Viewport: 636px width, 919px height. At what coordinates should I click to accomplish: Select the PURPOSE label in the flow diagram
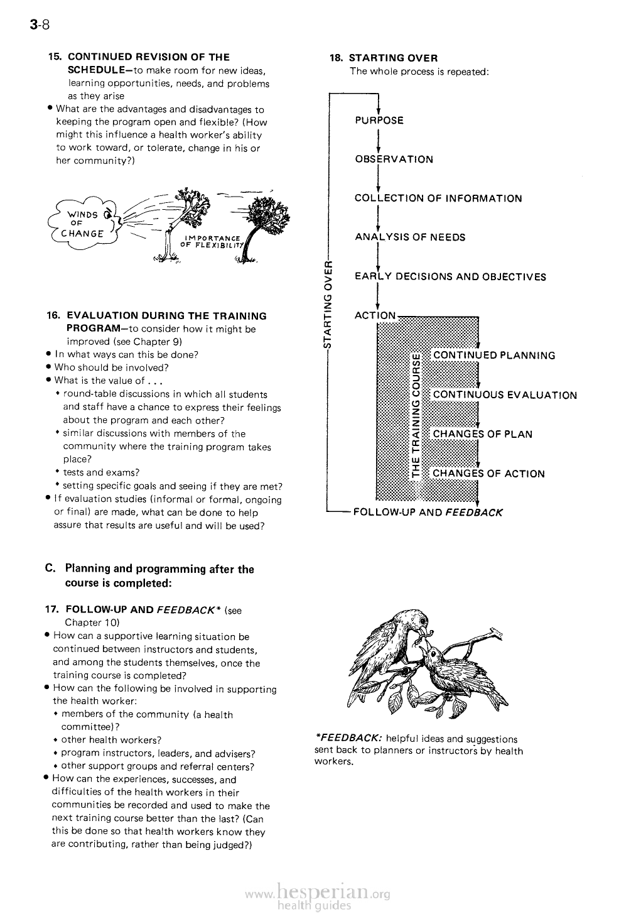click(379, 121)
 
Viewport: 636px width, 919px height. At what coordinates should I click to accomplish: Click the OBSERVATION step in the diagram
click(394, 160)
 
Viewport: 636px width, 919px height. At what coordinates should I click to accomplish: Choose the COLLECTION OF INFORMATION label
click(438, 198)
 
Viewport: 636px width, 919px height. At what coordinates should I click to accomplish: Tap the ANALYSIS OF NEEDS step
click(410, 237)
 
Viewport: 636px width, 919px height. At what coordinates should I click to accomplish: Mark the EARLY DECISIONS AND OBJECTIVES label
click(450, 277)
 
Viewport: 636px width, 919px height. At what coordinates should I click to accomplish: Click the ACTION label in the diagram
click(375, 315)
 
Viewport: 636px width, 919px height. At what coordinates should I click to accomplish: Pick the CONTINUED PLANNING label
click(494, 356)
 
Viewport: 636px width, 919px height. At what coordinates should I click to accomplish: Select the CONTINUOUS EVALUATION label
click(505, 395)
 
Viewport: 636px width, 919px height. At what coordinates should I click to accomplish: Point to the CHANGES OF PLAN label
click(482, 434)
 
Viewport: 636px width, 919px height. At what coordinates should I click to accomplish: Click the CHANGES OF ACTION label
click(488, 474)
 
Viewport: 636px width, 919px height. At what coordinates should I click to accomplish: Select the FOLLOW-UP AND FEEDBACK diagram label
click(428, 512)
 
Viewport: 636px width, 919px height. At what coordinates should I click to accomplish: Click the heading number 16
click(54, 316)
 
